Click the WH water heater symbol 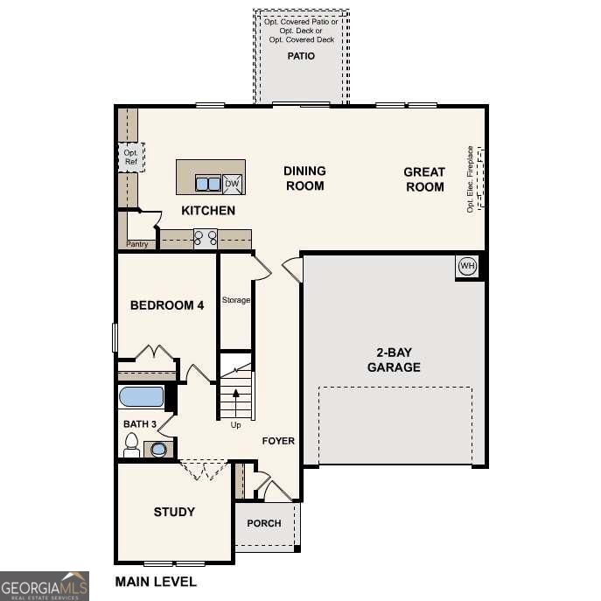tap(467, 266)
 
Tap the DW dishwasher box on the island tap(233, 183)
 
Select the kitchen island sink tap(208, 184)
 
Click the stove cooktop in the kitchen tap(206, 237)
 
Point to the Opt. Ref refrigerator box tap(131, 157)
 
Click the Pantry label tap(137, 244)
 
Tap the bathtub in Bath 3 tap(142, 397)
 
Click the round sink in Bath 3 tap(158, 450)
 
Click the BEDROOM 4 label tap(167, 305)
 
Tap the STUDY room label tap(174, 512)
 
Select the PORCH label tap(264, 523)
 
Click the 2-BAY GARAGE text tap(393, 360)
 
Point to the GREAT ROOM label tap(424, 179)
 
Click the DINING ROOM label tap(304, 178)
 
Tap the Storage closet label tap(235, 300)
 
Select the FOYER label tap(278, 441)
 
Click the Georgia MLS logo tap(44, 585)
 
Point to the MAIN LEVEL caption tap(156, 581)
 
